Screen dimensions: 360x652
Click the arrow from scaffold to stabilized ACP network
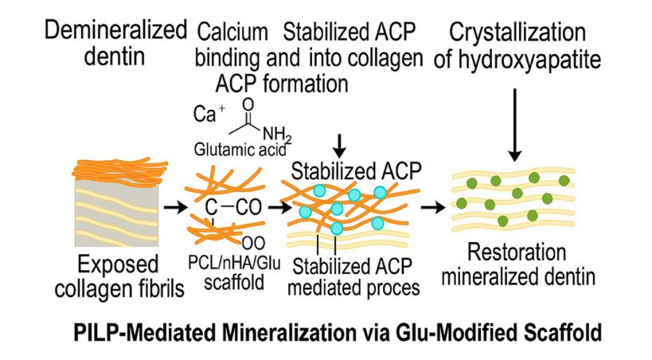click(x=278, y=208)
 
